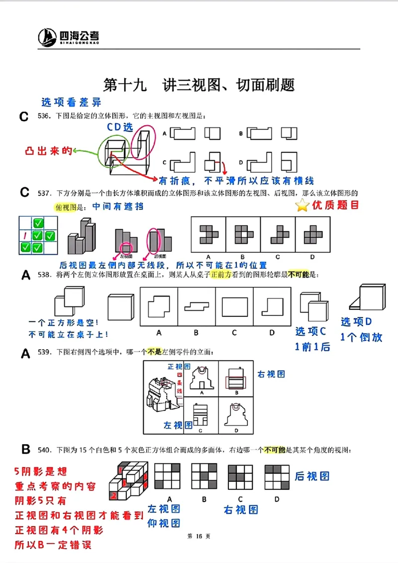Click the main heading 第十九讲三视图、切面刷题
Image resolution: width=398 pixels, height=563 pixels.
tap(199, 84)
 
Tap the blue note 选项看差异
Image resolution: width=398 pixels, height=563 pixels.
tap(71, 102)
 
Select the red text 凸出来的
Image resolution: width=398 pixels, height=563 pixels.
tap(48, 150)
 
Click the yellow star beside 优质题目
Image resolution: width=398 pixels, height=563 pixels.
tap(302, 205)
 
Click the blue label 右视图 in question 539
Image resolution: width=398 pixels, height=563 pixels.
tap(271, 374)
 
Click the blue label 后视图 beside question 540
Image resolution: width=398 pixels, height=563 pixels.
tap(312, 476)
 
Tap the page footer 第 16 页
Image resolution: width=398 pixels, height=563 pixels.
tap(199, 536)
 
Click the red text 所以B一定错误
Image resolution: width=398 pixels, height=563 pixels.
tap(53, 544)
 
